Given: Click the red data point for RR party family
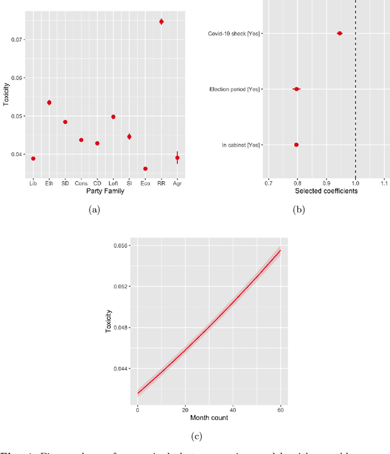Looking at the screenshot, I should pos(161,21).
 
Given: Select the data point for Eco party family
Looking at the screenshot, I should pos(145,168).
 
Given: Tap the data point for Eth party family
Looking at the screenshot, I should pos(49,103).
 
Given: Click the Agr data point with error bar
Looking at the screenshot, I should pos(177,158).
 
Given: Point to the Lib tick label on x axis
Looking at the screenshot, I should pos(33,182).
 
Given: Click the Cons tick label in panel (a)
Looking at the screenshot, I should pos(81,182).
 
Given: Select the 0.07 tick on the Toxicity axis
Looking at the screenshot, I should pos(17,40).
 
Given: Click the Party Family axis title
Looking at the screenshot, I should pos(105,191).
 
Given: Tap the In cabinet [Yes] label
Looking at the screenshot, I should pos(241,145).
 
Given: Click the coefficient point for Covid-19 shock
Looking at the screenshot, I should pos(339,33).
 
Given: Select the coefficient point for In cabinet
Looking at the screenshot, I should pos(296,145).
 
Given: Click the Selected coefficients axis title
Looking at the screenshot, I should pos(325,191).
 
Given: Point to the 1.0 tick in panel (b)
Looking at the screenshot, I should pos(355,182).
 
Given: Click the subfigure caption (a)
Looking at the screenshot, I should pos(94,209).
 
